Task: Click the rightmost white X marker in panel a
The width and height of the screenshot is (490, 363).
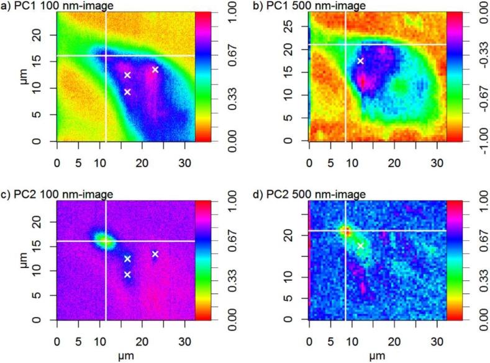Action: pyautogui.click(x=155, y=69)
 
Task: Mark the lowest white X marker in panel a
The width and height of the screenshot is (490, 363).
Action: pyautogui.click(x=127, y=92)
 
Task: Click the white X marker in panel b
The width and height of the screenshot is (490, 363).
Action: pyautogui.click(x=360, y=61)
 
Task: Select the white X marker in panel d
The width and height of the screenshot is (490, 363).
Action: pyautogui.click(x=360, y=246)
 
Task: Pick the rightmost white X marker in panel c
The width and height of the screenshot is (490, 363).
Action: pyautogui.click(x=155, y=254)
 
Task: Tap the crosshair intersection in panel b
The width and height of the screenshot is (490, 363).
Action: pyautogui.click(x=345, y=45)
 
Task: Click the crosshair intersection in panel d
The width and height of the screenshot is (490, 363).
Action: pyautogui.click(x=345, y=231)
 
